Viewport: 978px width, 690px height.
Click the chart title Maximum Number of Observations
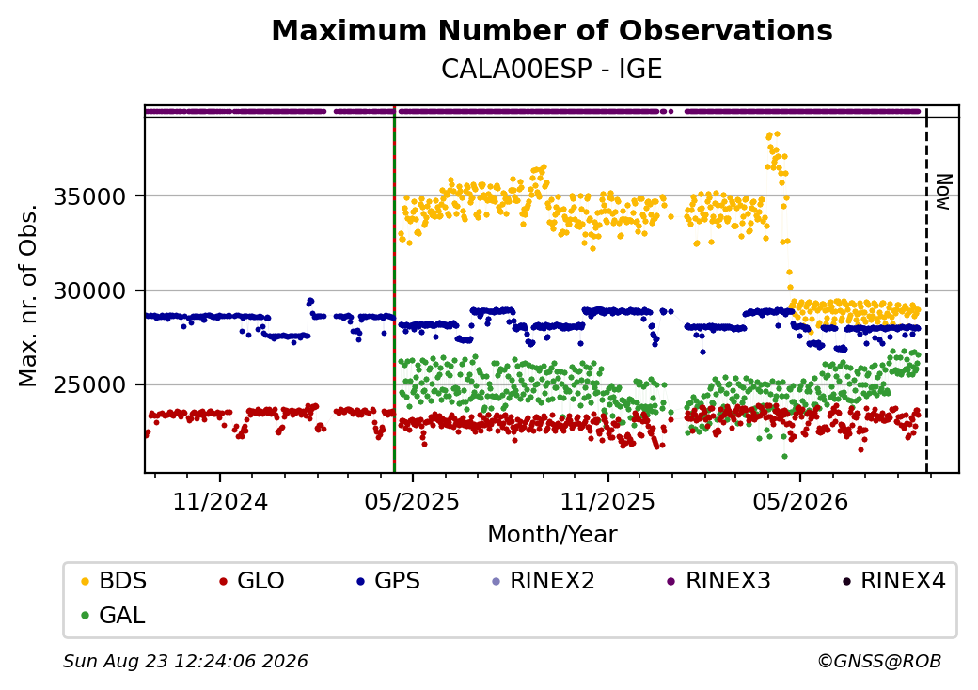(552, 30)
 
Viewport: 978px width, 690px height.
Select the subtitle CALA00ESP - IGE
(551, 70)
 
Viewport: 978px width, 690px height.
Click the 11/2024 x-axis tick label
(220, 502)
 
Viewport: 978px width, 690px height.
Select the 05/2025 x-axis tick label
(412, 502)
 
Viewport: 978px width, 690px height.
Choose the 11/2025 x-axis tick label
(608, 502)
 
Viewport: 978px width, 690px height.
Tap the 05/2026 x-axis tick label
(801, 502)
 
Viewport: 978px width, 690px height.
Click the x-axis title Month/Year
(552, 535)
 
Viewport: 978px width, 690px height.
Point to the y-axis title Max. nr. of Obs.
(28, 295)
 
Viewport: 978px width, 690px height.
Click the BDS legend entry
(114, 581)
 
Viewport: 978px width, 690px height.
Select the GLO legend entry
(252, 581)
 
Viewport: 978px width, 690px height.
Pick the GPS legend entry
(388, 581)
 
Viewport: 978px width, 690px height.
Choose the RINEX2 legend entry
(544, 581)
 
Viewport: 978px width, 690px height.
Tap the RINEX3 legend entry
(719, 581)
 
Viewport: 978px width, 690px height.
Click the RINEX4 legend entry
(894, 581)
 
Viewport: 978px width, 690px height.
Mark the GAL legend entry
(114, 616)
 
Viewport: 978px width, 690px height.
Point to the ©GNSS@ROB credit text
(879, 661)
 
